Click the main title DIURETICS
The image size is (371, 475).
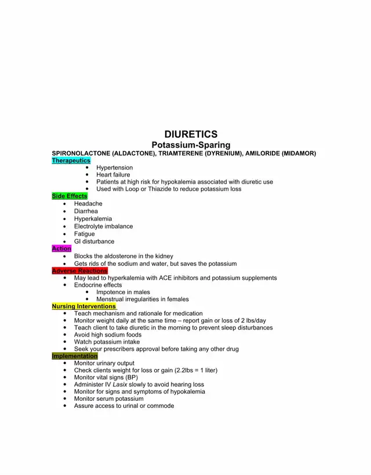point(191,134)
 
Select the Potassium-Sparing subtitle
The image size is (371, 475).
point(191,145)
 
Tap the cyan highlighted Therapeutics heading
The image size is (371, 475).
point(71,160)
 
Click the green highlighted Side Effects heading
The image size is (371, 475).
point(70,196)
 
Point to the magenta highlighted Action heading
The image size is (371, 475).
point(61,249)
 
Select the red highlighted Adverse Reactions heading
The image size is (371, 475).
point(79,271)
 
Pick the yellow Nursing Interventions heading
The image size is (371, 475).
point(83,306)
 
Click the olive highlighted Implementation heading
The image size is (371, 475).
point(75,356)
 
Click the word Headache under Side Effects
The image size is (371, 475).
point(88,204)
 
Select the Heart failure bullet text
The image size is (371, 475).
point(113,174)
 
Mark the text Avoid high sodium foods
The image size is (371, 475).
point(107,335)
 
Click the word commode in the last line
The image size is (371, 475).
point(161,406)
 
